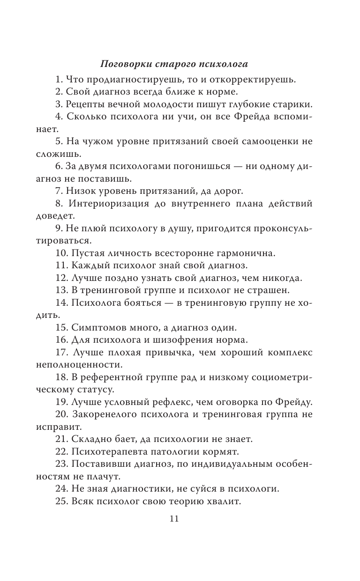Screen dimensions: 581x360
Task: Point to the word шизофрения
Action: point(187,340)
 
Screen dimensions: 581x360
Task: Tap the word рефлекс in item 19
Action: point(170,403)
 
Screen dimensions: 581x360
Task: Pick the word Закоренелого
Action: point(105,415)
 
